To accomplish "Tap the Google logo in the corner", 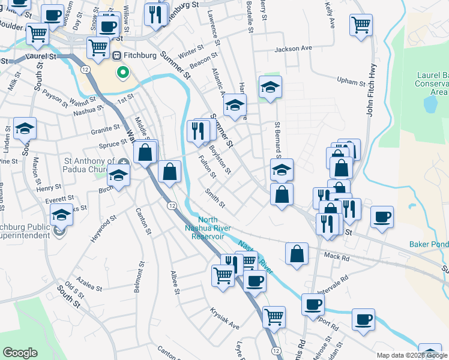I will point(20,353).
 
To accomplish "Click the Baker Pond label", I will point(429,244).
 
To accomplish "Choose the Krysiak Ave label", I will point(224,319).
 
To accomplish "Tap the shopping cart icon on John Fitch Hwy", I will point(361,25).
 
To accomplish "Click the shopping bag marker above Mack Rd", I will point(297,254).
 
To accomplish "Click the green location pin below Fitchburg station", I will point(122,74).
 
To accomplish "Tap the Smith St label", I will point(214,199).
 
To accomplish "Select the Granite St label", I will point(106,129).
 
